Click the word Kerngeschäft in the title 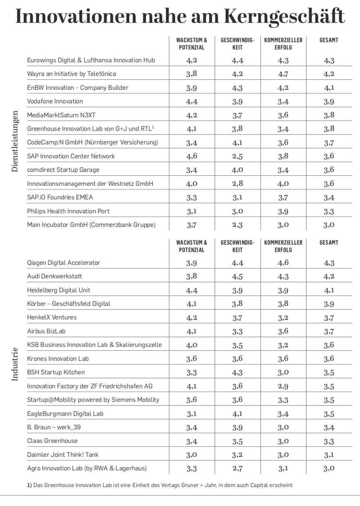[x=284, y=17]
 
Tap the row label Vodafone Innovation [x=55, y=101]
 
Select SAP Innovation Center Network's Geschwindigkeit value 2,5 [x=237, y=156]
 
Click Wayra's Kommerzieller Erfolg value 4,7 [x=283, y=74]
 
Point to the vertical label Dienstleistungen [x=15, y=141]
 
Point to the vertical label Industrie [x=15, y=364]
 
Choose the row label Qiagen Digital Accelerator [x=63, y=263]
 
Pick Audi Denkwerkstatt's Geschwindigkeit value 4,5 [x=237, y=277]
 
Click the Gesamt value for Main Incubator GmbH [x=329, y=225]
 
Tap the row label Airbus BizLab [x=46, y=331]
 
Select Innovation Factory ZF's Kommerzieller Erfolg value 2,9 [x=283, y=386]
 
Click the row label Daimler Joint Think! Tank [x=63, y=455]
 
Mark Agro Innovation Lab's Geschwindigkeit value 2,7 [x=237, y=469]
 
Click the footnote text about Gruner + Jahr [x=160, y=485]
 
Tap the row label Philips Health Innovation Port [x=68, y=211]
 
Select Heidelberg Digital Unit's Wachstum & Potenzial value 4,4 [x=192, y=290]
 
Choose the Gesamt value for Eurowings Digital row [x=329, y=60]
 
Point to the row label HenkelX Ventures [x=52, y=317]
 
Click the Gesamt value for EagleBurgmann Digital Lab [x=329, y=414]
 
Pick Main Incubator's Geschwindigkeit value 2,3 [x=237, y=225]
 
